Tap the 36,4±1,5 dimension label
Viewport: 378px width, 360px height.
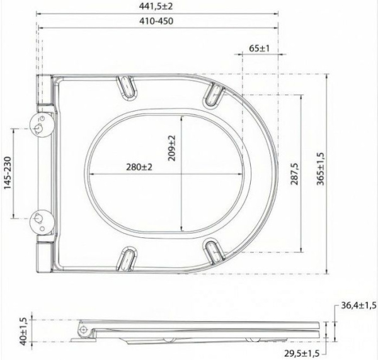point(356,306)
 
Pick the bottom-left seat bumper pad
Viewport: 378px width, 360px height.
point(127,258)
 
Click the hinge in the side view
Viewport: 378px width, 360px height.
point(83,330)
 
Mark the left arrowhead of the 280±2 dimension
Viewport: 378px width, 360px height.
point(89,175)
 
